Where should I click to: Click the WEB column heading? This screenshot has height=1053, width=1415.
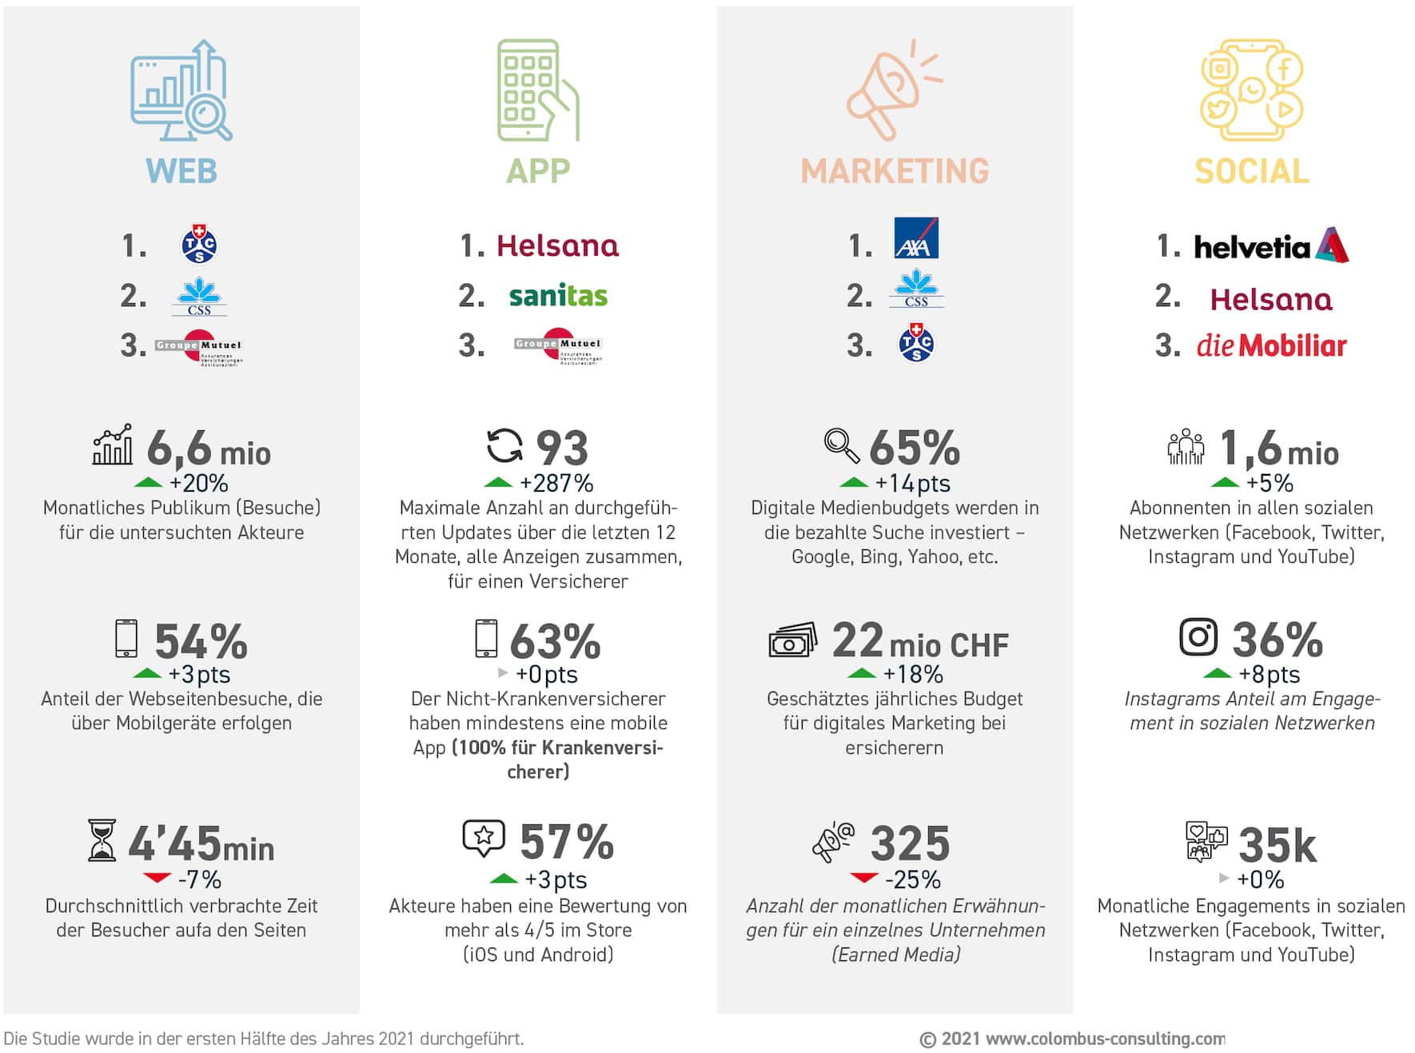(181, 171)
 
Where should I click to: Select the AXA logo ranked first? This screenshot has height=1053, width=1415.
(916, 238)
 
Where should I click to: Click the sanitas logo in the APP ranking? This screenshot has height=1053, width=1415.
(558, 296)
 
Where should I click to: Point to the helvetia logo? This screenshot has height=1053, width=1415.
(1270, 245)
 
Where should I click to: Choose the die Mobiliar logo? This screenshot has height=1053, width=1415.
(1271, 345)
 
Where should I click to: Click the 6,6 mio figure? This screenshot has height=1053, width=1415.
(209, 449)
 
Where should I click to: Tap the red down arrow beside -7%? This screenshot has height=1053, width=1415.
(157, 878)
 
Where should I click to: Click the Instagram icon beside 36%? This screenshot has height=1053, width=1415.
(1198, 637)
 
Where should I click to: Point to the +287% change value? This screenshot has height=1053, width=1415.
(556, 483)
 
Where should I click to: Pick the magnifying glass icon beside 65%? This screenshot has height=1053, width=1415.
(842, 445)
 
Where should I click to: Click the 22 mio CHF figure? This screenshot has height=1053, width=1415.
(920, 641)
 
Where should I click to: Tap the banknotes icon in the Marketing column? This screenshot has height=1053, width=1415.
(792, 640)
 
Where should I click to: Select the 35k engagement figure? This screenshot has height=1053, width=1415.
(1277, 845)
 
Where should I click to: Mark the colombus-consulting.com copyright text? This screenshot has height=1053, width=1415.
(1072, 1039)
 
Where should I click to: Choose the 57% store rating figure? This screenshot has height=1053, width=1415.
(567, 842)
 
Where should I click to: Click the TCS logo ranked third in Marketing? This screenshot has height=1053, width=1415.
(916, 343)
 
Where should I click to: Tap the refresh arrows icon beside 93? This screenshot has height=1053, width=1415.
(504, 445)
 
